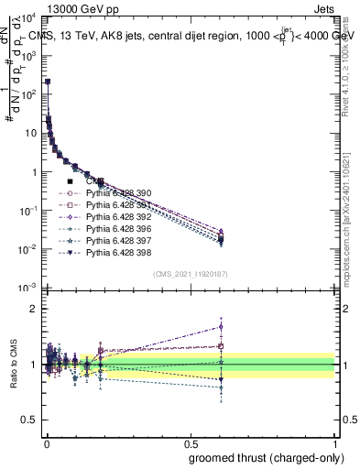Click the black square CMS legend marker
click(71, 182)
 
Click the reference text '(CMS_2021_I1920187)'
click(191, 274)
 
